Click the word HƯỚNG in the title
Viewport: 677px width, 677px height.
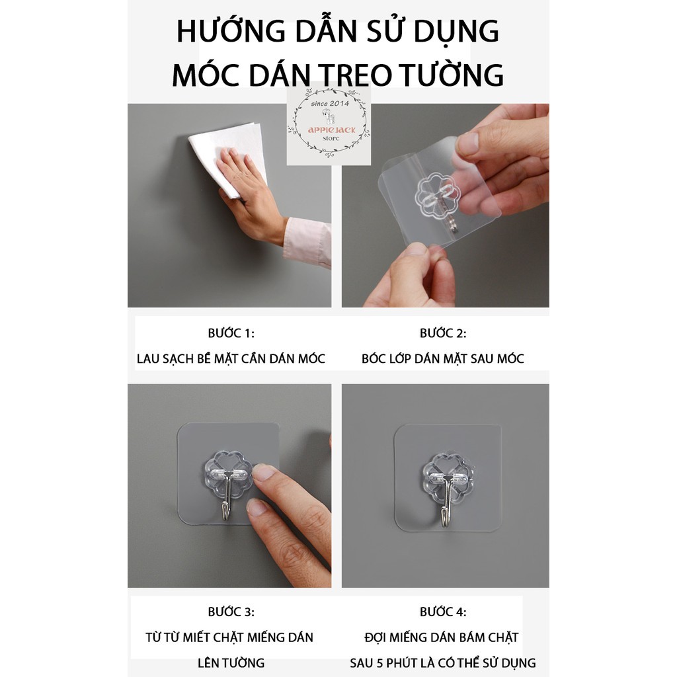click(231, 30)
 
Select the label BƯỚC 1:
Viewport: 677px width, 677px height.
click(231, 333)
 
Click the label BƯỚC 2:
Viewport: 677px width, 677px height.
click(443, 333)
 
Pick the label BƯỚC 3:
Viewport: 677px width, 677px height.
click(231, 612)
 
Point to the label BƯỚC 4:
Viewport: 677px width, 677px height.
click(443, 612)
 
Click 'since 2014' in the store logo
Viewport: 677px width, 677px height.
click(330, 104)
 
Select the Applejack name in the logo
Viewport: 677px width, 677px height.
click(332, 130)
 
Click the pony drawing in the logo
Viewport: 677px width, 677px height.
click(329, 116)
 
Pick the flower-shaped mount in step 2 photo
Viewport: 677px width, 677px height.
click(436, 195)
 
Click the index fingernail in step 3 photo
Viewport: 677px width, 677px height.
click(263, 472)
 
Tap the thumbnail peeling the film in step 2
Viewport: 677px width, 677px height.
click(415, 249)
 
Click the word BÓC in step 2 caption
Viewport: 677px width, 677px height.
click(372, 358)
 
